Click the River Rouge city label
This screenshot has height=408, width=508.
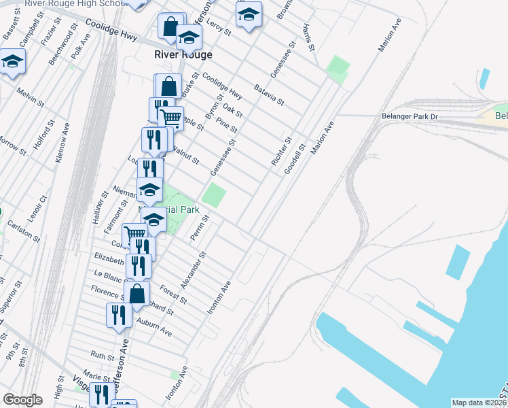tap(183, 54)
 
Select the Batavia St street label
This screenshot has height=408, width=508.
tap(268, 95)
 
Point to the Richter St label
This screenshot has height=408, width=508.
tap(281, 152)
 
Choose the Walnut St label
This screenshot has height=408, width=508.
tap(185, 155)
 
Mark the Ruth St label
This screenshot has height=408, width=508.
tap(103, 356)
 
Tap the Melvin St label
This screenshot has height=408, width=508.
tap(31, 99)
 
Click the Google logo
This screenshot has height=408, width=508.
tap(22, 400)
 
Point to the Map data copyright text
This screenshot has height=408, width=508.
tap(478, 403)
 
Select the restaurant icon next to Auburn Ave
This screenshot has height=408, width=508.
tap(119, 315)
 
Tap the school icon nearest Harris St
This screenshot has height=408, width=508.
tap(249, 14)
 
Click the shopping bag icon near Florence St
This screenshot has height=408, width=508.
tap(137, 294)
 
